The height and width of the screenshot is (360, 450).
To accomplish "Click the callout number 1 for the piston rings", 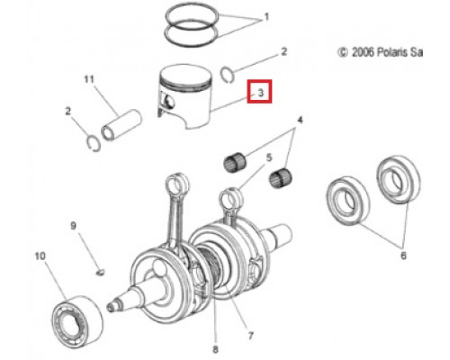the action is click(266, 17).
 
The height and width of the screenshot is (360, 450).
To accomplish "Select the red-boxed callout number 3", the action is click(260, 92).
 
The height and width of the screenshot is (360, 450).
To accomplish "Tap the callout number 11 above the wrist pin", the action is click(89, 79).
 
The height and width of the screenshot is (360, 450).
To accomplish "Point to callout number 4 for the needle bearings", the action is click(300, 120).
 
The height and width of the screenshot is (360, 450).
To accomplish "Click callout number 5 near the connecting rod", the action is click(269, 157).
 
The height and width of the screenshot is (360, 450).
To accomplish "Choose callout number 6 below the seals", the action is click(403, 256).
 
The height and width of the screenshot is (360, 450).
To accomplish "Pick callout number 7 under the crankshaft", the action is click(250, 335).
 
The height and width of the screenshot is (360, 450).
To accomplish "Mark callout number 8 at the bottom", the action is click(215, 349).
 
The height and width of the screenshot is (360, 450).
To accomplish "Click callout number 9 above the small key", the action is click(73, 226).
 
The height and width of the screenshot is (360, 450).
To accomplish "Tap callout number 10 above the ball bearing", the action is click(40, 256).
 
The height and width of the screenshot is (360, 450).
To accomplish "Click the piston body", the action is click(184, 96).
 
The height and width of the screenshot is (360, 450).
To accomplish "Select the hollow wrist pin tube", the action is click(121, 125).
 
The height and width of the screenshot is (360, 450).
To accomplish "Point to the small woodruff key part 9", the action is click(100, 272).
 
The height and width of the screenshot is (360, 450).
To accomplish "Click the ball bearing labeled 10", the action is click(77, 321).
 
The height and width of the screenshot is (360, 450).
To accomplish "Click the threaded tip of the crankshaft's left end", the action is click(113, 307).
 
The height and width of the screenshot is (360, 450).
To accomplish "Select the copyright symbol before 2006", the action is click(343, 52).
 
